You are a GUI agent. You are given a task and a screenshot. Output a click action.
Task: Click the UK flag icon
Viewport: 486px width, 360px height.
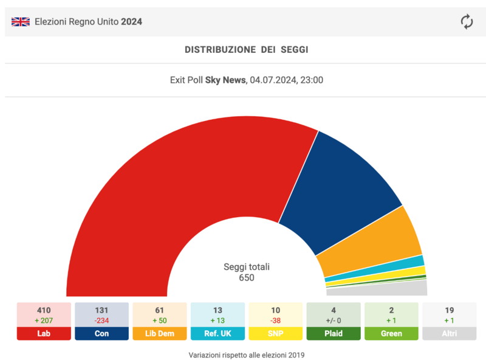(21, 22)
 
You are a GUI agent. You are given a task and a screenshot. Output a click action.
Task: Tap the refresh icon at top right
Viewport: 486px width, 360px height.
(467, 22)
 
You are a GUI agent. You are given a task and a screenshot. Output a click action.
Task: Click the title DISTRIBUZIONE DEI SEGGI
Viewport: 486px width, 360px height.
(246, 50)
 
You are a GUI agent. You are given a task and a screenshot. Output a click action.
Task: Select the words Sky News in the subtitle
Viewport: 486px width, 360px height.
(225, 80)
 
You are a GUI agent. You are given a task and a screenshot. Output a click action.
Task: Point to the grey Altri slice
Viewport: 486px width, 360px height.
(401, 288)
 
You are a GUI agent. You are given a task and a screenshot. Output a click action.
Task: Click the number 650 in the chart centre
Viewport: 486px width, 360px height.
(246, 278)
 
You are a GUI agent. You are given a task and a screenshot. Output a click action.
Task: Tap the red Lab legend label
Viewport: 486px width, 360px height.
(44, 333)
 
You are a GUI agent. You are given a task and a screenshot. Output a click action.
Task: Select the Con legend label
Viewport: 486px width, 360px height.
(101, 333)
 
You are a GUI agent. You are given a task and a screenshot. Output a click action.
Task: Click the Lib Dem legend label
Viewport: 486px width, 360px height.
(160, 333)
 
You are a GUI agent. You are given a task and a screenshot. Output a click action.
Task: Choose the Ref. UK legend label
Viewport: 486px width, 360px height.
(217, 333)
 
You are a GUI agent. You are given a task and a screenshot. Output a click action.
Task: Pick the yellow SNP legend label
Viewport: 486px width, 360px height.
(276, 333)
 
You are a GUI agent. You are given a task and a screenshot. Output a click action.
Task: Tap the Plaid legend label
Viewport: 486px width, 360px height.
(334, 333)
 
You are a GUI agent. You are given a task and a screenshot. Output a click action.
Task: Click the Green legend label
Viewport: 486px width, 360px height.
(391, 333)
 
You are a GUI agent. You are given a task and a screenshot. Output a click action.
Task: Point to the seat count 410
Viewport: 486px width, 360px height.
(44, 310)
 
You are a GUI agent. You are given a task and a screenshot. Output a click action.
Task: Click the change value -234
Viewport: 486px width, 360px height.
(101, 320)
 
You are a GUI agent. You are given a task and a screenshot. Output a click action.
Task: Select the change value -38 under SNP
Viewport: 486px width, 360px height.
(276, 320)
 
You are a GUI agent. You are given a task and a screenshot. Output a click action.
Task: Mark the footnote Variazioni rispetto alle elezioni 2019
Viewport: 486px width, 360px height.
(245, 355)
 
